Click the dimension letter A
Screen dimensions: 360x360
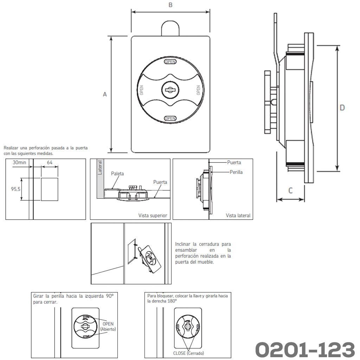(x=105, y=94)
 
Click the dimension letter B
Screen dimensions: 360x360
(x=171, y=5)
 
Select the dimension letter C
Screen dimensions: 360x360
(x=290, y=191)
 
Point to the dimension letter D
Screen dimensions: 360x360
(x=342, y=108)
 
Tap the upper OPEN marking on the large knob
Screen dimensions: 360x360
(x=171, y=62)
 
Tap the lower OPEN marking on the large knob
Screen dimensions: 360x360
(x=171, y=118)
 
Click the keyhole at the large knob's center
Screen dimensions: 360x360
(x=171, y=90)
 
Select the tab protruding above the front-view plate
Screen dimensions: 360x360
(x=170, y=28)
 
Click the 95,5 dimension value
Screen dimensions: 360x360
(x=15, y=189)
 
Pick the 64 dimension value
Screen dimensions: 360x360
(x=50, y=162)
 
